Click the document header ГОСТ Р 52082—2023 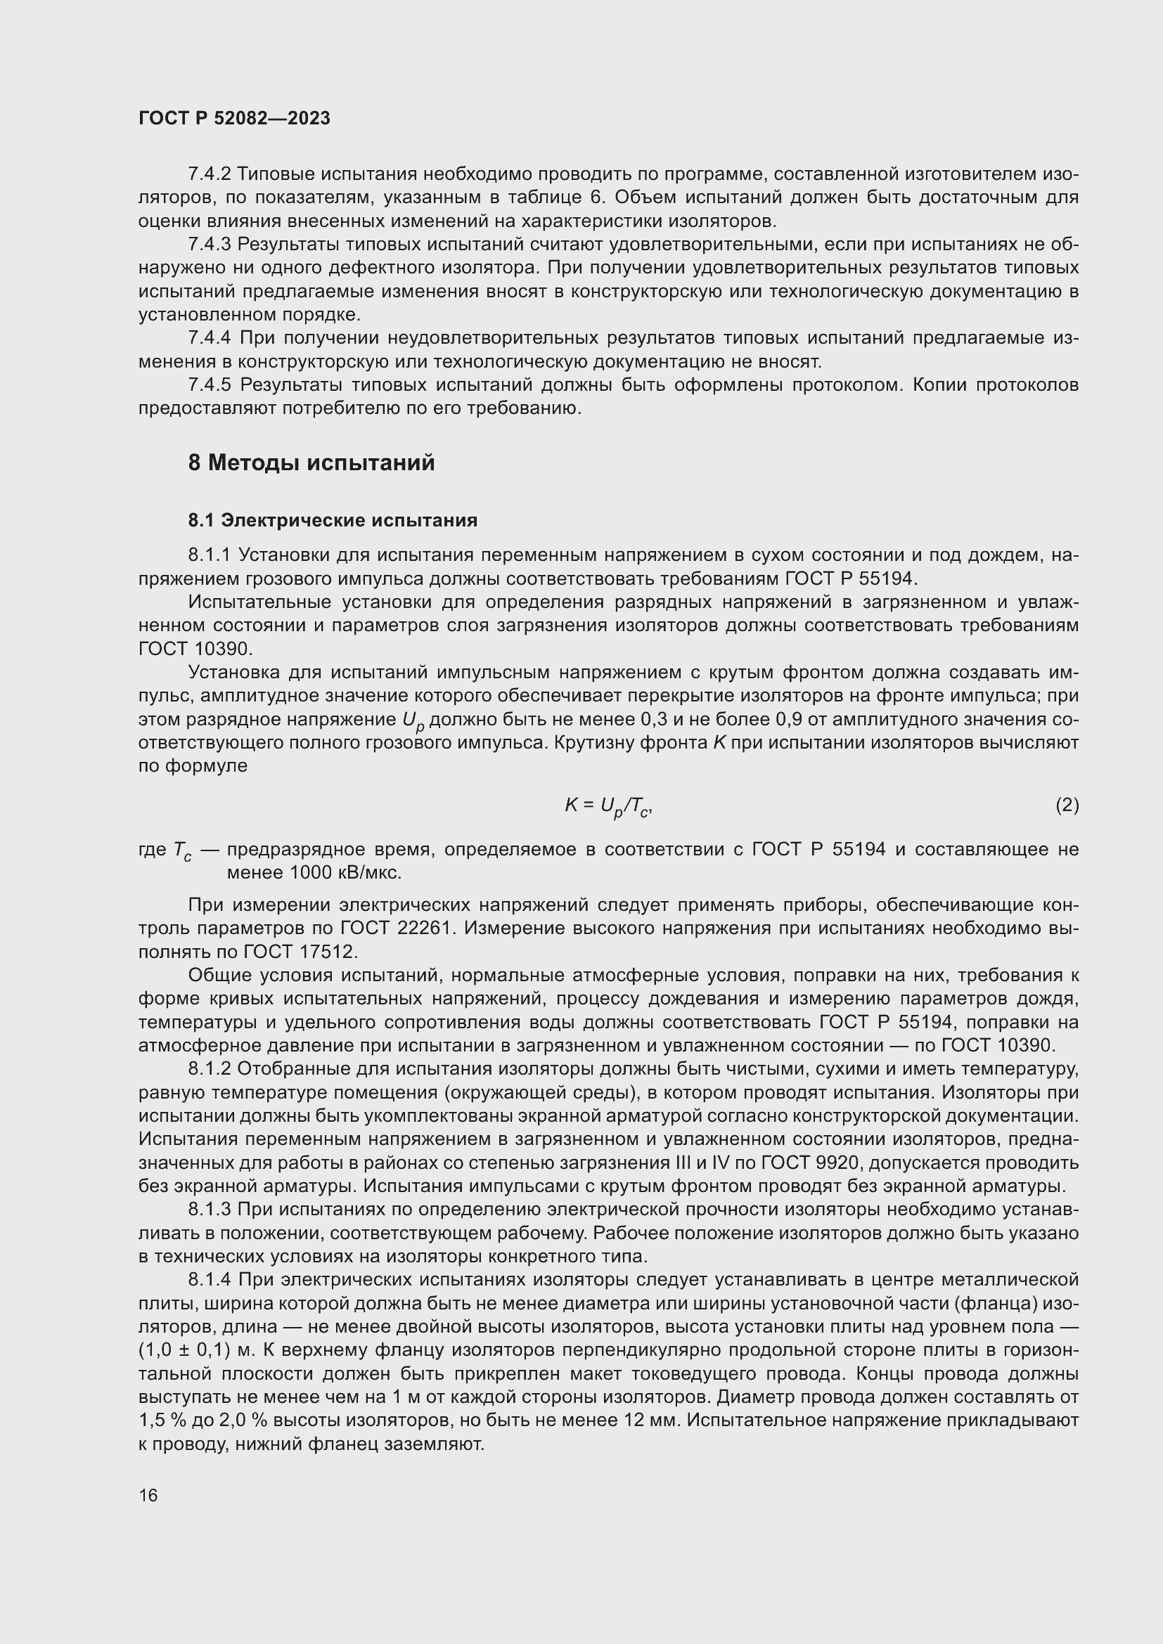point(234,118)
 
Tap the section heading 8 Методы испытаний point(311,463)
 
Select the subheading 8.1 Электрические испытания point(333,520)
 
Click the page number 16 point(148,1495)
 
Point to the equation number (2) point(1067,805)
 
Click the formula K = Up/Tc point(608,806)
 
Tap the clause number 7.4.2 point(209,174)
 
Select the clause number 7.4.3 point(209,244)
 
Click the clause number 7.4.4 point(209,338)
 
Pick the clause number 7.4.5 point(209,385)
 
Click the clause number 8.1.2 point(209,1069)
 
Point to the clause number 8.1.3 point(209,1210)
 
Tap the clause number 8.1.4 point(209,1280)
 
